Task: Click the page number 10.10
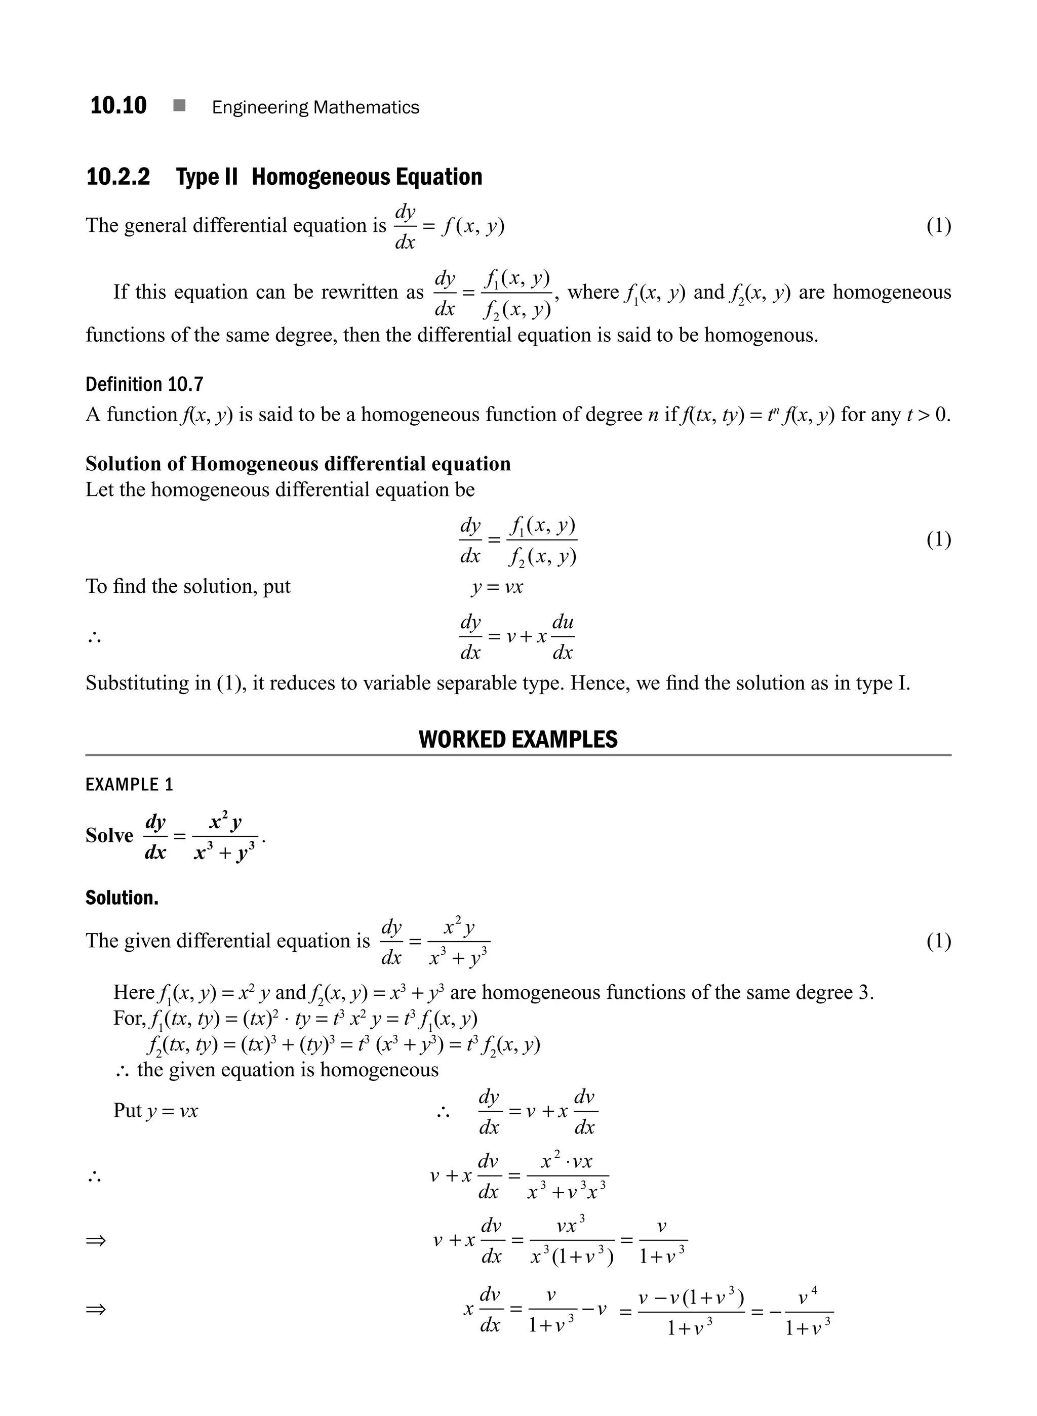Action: (x=118, y=105)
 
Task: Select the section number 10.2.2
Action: (x=118, y=177)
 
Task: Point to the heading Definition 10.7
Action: (x=144, y=384)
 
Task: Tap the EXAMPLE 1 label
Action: (x=129, y=785)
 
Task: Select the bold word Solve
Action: (x=109, y=836)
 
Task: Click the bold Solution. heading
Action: (x=122, y=898)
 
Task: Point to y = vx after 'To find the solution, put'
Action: (x=497, y=587)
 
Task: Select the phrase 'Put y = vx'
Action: (x=155, y=1111)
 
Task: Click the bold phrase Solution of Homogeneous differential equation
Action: (x=298, y=464)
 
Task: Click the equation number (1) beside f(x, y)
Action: (x=938, y=226)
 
